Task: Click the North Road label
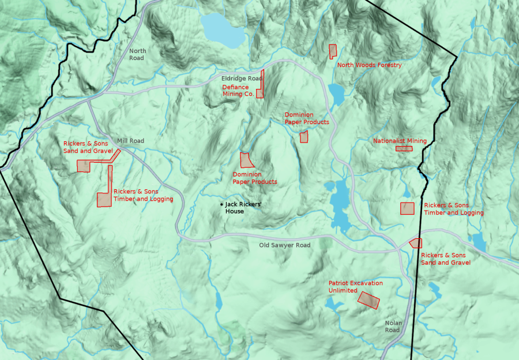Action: [x=137, y=54]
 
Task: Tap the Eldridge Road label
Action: [x=242, y=78]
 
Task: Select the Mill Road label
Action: [x=130, y=141]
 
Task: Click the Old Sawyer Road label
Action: [x=284, y=245]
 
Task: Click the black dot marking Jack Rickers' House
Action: [x=221, y=204]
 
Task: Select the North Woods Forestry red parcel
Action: [x=333, y=51]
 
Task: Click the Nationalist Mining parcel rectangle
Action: [x=404, y=148]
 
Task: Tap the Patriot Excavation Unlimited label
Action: [x=355, y=287]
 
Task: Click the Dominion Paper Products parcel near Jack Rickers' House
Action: [x=246, y=160]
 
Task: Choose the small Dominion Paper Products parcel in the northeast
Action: [x=304, y=137]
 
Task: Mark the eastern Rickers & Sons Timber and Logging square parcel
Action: [x=408, y=208]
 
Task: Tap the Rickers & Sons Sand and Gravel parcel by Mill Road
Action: [x=85, y=166]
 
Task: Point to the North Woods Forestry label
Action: [x=369, y=65]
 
